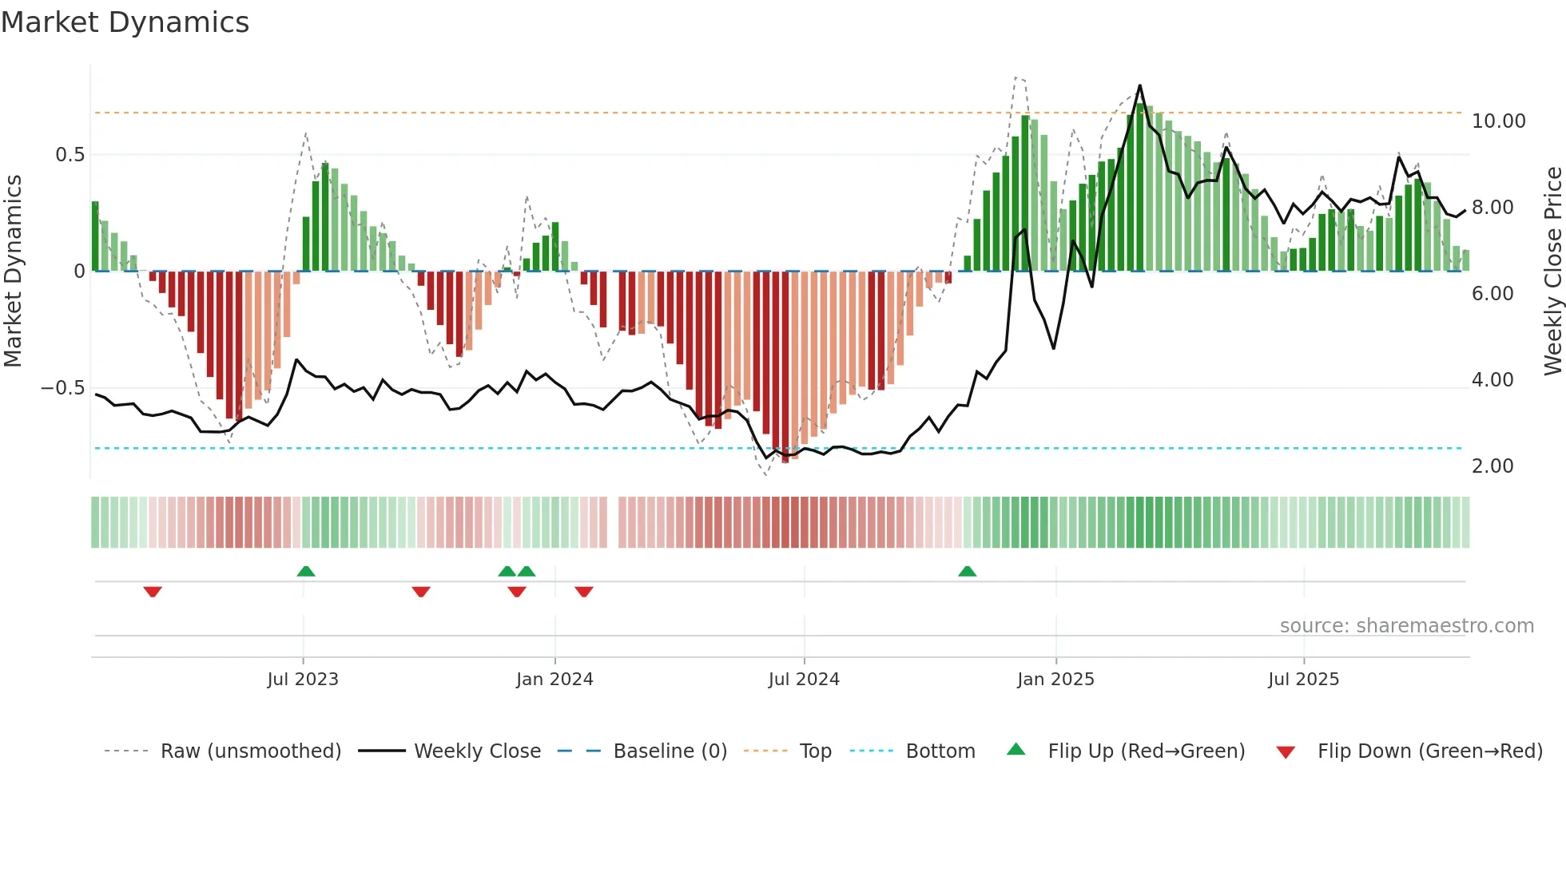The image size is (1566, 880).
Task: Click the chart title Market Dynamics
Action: pyautogui.click(x=125, y=22)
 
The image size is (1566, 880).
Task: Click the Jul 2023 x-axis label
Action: pyautogui.click(x=303, y=680)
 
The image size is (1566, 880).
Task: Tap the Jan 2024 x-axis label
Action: pyautogui.click(x=554, y=680)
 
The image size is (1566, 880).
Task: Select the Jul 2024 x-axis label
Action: pyautogui.click(x=804, y=680)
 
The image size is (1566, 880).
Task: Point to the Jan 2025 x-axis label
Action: pyautogui.click(x=1055, y=680)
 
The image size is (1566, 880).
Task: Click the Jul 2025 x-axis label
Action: pyautogui.click(x=1303, y=680)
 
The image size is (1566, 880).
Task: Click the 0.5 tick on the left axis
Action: pyautogui.click(x=70, y=155)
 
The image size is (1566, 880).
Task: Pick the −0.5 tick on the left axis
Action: pyautogui.click(x=63, y=388)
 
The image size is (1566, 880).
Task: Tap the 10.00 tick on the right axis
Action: pyautogui.click(x=1498, y=121)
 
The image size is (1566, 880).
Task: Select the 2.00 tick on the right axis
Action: pyautogui.click(x=1492, y=466)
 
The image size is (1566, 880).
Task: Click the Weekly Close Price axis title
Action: pyautogui.click(x=1552, y=272)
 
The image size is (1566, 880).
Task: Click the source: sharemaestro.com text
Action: pyautogui.click(x=1406, y=626)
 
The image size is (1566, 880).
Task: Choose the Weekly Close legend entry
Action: pyautogui.click(x=477, y=751)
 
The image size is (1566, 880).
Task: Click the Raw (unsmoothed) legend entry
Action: pyautogui.click(x=250, y=751)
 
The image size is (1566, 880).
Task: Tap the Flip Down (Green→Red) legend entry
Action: pyautogui.click(x=1429, y=751)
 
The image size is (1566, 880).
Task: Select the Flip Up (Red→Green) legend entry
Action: pyautogui.click(x=1146, y=751)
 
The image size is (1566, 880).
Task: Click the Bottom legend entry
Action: pyautogui.click(x=940, y=751)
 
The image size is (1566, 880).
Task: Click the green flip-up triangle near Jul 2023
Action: pyautogui.click(x=306, y=571)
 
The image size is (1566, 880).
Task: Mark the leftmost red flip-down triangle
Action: pyautogui.click(x=153, y=592)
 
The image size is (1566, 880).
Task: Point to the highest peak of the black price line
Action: pyautogui.click(x=1139, y=85)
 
